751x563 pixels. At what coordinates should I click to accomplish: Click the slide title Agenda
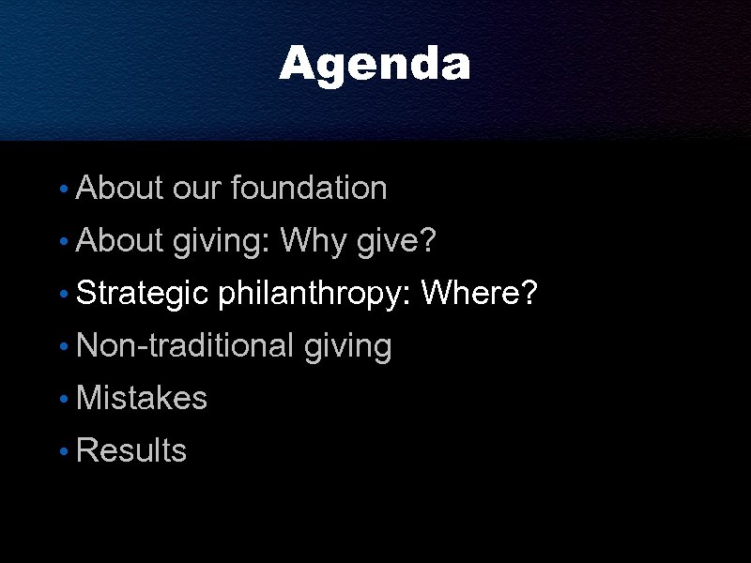click(x=375, y=65)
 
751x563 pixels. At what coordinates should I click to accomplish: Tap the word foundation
click(x=309, y=189)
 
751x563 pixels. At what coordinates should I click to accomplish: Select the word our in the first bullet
click(x=197, y=189)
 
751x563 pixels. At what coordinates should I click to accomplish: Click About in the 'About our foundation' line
click(x=120, y=189)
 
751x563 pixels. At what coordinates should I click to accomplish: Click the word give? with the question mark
click(x=397, y=242)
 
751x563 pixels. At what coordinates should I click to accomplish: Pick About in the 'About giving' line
click(x=120, y=242)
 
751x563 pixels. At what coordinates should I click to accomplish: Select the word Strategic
click(x=142, y=295)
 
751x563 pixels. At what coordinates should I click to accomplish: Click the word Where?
click(x=480, y=295)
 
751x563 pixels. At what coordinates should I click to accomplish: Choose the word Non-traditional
click(x=185, y=346)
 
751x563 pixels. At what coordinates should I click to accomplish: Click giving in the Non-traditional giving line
click(x=347, y=347)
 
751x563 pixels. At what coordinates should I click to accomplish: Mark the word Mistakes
click(x=142, y=399)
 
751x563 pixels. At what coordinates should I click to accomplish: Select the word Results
click(x=131, y=451)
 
